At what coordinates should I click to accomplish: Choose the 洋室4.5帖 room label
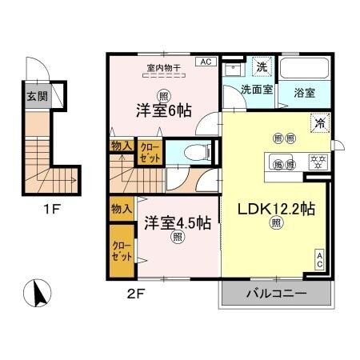coord(177,221)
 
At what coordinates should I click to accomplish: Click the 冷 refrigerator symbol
coord(318,123)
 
